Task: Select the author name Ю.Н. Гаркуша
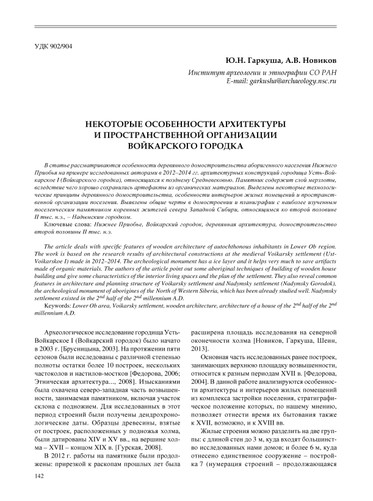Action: (x=249, y=63)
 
